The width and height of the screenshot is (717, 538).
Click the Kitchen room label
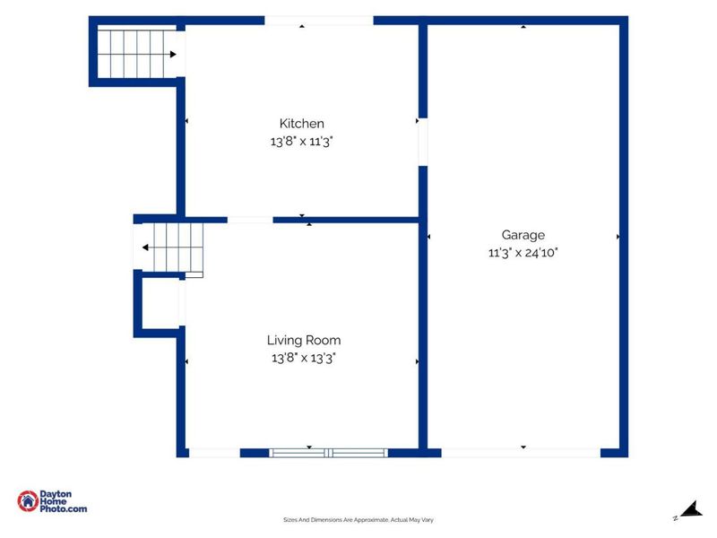pyautogui.click(x=302, y=124)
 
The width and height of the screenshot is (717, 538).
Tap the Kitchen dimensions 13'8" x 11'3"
pyautogui.click(x=301, y=142)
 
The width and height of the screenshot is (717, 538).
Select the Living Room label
pyautogui.click(x=304, y=341)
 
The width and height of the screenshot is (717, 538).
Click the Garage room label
pyautogui.click(x=523, y=235)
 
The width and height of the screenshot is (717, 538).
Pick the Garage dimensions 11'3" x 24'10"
pyautogui.click(x=523, y=253)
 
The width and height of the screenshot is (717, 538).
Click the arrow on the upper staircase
pyautogui.click(x=137, y=55)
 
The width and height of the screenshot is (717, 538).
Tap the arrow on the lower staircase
pyautogui.click(x=172, y=247)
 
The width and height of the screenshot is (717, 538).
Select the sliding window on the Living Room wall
pyautogui.click(x=328, y=453)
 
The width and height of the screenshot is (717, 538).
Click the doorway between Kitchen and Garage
pyautogui.click(x=423, y=142)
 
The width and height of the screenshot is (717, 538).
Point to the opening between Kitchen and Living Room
pyautogui.click(x=250, y=220)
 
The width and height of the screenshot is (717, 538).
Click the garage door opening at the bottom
pyautogui.click(x=521, y=453)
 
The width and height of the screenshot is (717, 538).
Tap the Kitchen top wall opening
pyautogui.click(x=319, y=21)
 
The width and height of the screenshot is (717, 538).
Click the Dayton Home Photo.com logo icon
pyautogui.click(x=28, y=501)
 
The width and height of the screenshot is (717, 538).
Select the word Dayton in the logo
pyautogui.click(x=56, y=494)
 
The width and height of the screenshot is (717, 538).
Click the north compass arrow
pyautogui.click(x=692, y=509)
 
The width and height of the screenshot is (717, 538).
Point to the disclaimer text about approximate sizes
pyautogui.click(x=358, y=520)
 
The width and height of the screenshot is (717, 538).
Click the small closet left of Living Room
pyautogui.click(x=160, y=303)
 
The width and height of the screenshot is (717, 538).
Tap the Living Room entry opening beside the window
pyautogui.click(x=214, y=453)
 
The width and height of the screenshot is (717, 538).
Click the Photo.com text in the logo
pyautogui.click(x=64, y=508)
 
